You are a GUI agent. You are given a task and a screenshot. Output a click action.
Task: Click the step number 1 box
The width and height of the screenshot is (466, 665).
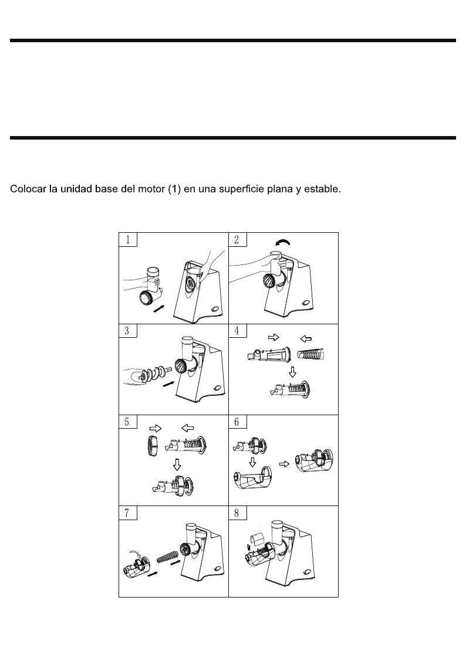[128, 239]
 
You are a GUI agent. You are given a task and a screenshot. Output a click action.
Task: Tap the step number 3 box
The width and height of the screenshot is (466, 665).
[128, 330]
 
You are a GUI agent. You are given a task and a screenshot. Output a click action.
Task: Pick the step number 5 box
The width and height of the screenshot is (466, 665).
[128, 422]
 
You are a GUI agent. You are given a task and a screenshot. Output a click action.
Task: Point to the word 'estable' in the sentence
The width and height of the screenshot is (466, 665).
[322, 189]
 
